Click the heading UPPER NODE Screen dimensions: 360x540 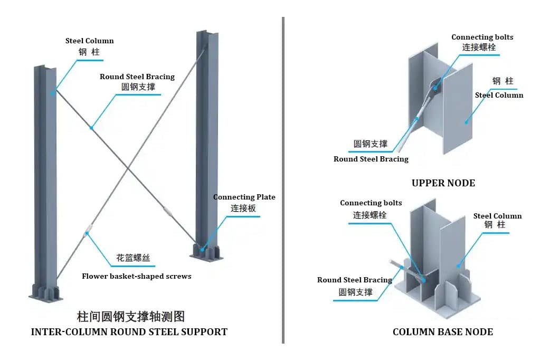tap(443, 183)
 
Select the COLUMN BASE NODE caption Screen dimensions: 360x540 tap(442, 332)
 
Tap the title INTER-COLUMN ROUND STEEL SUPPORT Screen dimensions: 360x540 tap(129, 332)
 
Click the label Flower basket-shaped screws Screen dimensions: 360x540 tap(136, 276)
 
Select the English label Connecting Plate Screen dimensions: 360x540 tap(244, 197)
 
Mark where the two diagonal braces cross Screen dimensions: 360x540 tap(128, 169)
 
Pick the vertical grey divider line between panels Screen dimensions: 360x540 tap(283, 179)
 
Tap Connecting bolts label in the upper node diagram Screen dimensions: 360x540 tap(482, 37)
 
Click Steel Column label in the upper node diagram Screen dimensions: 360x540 tap(499, 95)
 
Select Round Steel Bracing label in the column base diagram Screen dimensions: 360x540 tap(354, 280)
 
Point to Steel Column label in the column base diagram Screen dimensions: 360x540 tap(497, 216)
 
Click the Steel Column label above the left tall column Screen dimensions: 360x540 tap(89, 41)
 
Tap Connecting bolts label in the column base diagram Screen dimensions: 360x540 tap(371, 203)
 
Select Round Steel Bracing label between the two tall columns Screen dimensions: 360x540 tap(137, 77)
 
